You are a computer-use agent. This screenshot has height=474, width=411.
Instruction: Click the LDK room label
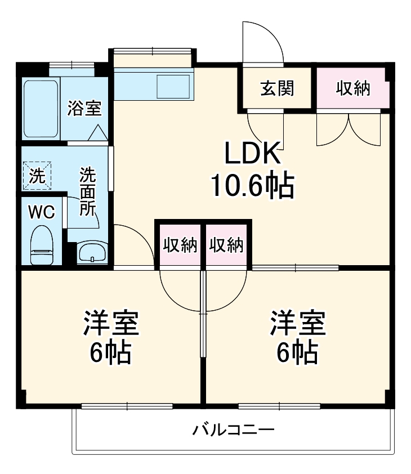pos(252,153)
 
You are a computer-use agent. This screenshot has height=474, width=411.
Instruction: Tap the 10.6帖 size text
pos(252,186)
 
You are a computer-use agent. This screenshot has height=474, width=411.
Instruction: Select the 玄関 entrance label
pos(277,88)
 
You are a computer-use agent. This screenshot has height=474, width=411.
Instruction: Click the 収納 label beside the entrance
pos(353,88)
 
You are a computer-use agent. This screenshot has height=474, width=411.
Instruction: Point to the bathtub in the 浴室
pos(41,109)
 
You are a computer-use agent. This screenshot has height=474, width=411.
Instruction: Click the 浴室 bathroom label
pos(84,108)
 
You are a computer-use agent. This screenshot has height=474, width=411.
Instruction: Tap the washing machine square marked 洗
pos(37,176)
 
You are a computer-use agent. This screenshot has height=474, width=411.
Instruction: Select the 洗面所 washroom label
pos(87,191)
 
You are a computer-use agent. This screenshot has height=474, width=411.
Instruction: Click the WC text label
pos(42,212)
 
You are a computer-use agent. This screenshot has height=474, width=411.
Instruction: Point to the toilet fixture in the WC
pos(41,245)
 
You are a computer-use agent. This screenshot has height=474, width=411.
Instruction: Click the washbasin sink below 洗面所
pos(92,253)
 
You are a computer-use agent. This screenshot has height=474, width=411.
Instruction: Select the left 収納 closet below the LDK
pos(180,245)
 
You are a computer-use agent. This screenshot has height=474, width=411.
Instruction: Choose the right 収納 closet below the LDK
pos(226,245)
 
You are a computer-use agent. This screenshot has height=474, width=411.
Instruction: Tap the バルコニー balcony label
pos(234,431)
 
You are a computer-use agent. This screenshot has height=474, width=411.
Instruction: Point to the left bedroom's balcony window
pos(127,406)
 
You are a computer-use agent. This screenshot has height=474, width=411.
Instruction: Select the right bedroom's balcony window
pos(279,406)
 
